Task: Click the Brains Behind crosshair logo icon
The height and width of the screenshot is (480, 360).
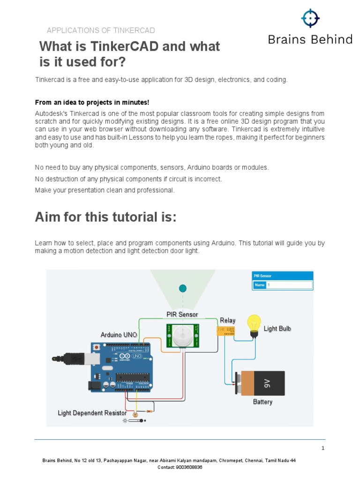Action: (310, 18)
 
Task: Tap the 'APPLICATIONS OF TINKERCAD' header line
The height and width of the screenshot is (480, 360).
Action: (101, 30)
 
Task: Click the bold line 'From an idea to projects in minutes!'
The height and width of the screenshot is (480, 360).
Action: (92, 102)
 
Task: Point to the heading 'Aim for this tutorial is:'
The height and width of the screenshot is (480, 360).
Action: (105, 217)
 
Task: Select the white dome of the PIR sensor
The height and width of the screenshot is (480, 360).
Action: (182, 335)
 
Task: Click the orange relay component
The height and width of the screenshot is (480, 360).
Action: (225, 331)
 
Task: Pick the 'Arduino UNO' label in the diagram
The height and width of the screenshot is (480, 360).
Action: (119, 335)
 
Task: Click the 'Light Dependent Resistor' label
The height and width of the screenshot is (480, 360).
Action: (92, 413)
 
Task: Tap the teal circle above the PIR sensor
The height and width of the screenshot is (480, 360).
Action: (183, 288)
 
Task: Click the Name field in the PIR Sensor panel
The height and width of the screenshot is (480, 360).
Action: (289, 285)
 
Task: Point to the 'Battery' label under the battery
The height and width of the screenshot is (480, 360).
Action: (262, 402)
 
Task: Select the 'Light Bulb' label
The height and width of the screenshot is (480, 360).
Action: (277, 329)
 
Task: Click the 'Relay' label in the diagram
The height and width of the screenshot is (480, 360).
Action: (228, 321)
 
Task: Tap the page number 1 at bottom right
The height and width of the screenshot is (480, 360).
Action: (323, 448)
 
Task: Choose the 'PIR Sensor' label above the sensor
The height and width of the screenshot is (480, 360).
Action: (182, 314)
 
